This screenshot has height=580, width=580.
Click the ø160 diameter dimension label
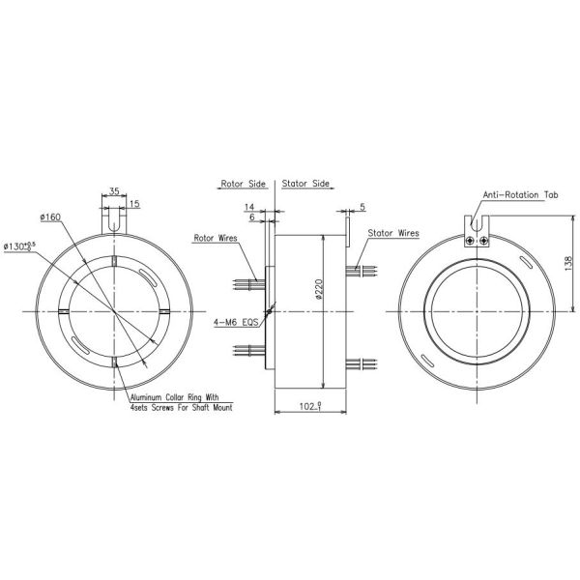50,217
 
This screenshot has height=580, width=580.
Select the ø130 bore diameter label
19,246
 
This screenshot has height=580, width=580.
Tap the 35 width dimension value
114,191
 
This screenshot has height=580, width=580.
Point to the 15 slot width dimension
134,204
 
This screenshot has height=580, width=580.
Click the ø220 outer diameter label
319,289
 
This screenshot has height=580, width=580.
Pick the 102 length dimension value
310,407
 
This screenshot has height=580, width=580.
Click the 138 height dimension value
569,263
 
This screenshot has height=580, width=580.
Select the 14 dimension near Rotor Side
249,207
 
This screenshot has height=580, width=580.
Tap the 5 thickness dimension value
362,207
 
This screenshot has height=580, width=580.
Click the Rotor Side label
243,184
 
